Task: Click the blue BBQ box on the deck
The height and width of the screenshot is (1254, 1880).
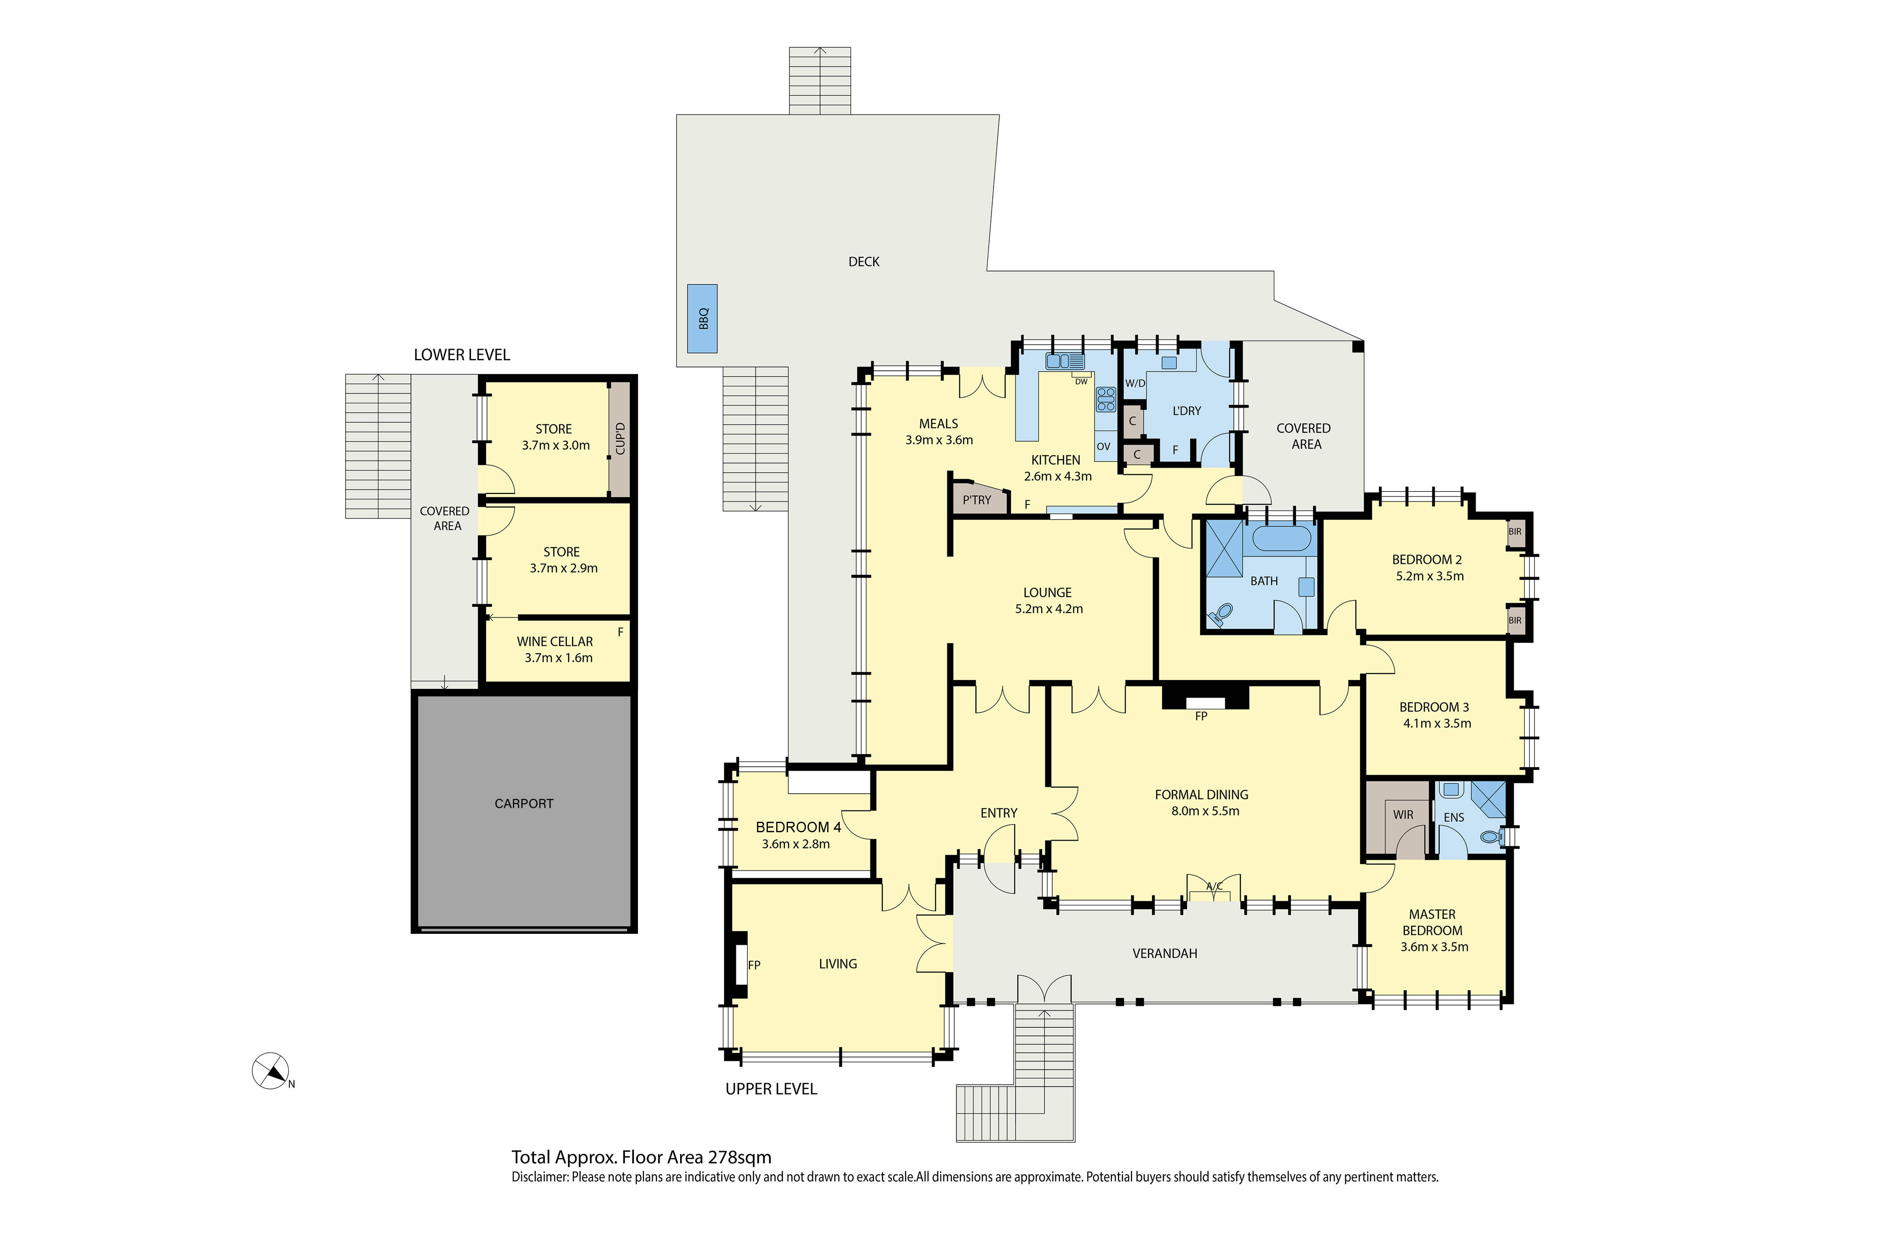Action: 702,318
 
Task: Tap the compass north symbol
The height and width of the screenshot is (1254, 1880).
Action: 270,1071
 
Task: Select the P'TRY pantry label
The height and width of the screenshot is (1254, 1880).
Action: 976,500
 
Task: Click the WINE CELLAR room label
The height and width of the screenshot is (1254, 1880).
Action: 555,641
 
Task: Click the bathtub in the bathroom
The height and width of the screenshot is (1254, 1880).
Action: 1281,538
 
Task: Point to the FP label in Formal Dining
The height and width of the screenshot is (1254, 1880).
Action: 1201,716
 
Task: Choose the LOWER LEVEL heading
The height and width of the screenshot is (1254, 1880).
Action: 461,355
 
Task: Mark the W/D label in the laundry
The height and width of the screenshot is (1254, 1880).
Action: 1135,383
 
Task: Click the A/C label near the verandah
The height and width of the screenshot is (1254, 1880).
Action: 1213,886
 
